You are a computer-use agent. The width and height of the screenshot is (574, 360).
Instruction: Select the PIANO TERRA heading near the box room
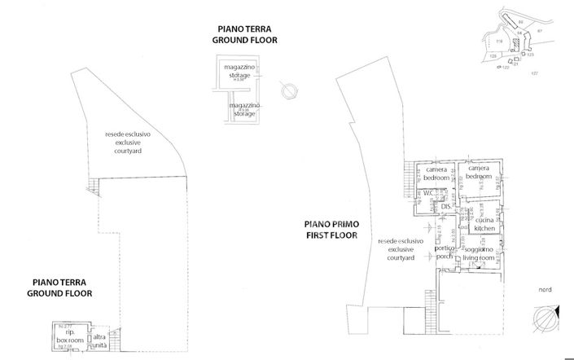tap(59, 286)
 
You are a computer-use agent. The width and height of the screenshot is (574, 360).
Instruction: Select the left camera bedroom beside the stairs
tap(436, 173)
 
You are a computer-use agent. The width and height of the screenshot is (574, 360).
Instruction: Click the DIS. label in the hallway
tap(445, 207)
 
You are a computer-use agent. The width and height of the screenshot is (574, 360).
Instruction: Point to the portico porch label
tap(444, 252)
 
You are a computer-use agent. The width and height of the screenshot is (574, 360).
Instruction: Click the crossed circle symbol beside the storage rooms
tap(286, 90)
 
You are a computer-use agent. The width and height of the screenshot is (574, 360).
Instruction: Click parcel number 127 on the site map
tap(535, 73)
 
